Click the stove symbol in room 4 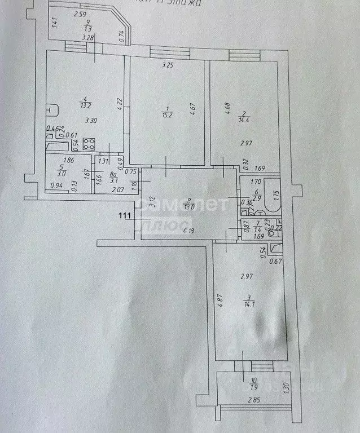pos(89,143)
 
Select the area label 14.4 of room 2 pos(244,119)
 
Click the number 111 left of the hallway pos(125,215)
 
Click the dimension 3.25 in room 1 pos(167,65)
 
